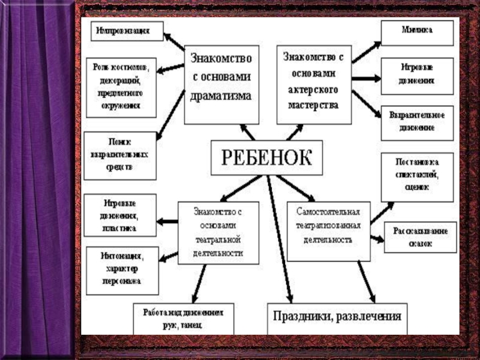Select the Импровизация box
click(127, 31)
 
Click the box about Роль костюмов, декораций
click(121, 87)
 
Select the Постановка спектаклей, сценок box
click(416, 177)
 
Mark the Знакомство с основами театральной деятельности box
click(219, 232)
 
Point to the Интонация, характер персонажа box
click(122, 270)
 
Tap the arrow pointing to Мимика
click(367, 52)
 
